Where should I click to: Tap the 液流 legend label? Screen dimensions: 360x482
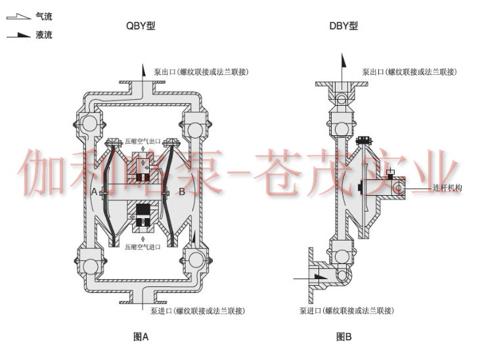click(44, 35)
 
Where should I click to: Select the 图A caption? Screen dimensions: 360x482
click(141, 337)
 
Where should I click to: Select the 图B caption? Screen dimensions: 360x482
click(344, 337)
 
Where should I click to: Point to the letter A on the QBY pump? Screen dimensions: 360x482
click(95, 191)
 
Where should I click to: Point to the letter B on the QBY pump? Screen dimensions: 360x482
click(182, 191)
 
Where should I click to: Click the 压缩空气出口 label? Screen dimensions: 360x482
click(142, 140)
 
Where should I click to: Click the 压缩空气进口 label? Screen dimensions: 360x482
click(142, 248)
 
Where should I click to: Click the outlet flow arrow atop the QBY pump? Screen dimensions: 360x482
click(141, 69)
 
